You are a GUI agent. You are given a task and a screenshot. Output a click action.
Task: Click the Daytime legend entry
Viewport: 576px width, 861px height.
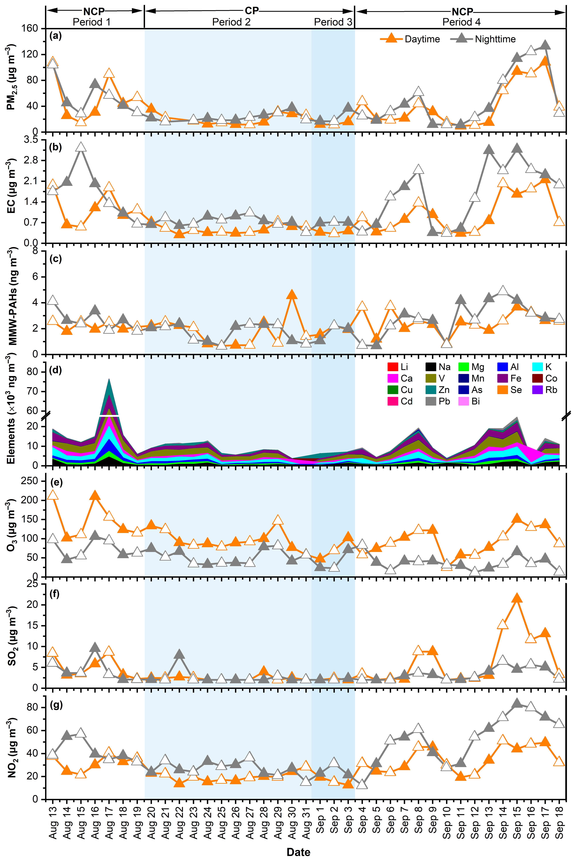click(410, 39)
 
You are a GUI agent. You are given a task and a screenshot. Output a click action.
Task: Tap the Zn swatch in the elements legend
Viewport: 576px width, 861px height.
click(431, 390)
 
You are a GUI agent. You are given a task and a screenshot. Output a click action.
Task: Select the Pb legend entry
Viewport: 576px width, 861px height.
click(431, 401)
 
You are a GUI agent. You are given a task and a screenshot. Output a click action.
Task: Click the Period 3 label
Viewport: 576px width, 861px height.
click(333, 22)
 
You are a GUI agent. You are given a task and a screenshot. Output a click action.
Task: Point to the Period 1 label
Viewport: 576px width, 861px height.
click(92, 22)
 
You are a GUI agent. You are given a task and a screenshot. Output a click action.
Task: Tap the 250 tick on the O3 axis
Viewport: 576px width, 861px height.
click(30, 480)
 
